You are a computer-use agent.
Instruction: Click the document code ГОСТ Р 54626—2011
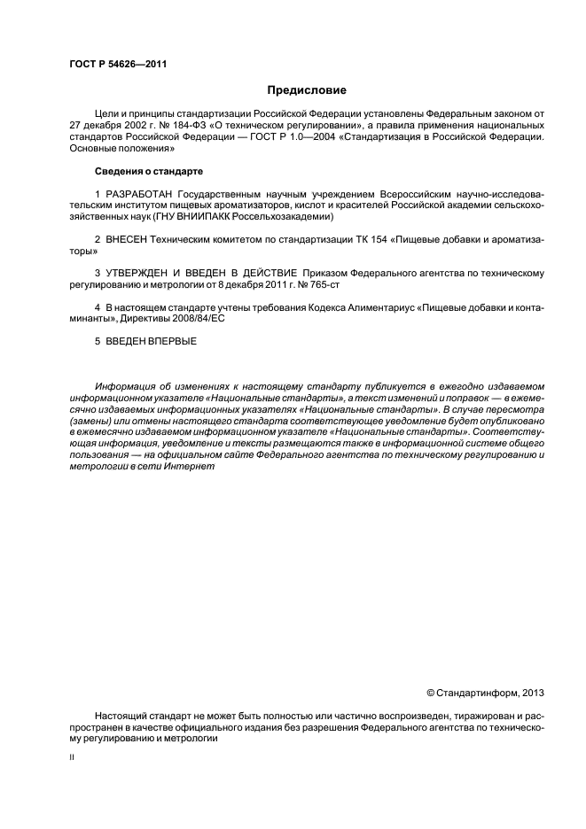coord(118,65)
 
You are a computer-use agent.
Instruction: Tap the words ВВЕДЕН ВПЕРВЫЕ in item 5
coord(148,340)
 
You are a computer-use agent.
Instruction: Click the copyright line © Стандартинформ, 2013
coord(487,693)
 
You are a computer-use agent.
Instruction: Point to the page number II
coord(72,759)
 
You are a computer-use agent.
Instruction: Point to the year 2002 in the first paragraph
coord(131,127)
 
